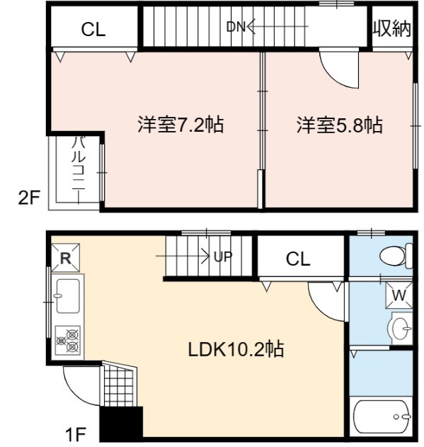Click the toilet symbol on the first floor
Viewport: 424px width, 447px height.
pyautogui.click(x=396, y=256)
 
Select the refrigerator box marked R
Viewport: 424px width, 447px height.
pyautogui.click(x=65, y=257)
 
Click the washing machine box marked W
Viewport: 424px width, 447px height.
pyautogui.click(x=399, y=295)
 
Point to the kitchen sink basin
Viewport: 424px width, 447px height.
pyautogui.click(x=67, y=295)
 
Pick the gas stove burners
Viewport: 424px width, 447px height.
pyautogui.click(x=68, y=340)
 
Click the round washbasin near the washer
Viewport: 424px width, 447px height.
pyautogui.click(x=401, y=329)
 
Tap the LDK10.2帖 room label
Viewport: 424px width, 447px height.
pyautogui.click(x=236, y=349)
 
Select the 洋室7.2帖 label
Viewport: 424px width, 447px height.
pyautogui.click(x=181, y=124)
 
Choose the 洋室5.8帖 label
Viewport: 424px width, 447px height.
pyautogui.click(x=339, y=125)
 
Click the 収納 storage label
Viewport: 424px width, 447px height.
pyautogui.click(x=392, y=28)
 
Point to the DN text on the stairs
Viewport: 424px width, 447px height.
pyautogui.click(x=236, y=27)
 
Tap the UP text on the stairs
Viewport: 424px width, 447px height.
pyautogui.click(x=223, y=256)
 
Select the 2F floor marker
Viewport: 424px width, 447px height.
pyautogui.click(x=29, y=198)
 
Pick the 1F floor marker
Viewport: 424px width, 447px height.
pyautogui.click(x=76, y=434)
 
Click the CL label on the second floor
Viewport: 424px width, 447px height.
pyautogui.click(x=93, y=29)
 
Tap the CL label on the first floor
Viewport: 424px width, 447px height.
pyautogui.click(x=298, y=259)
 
